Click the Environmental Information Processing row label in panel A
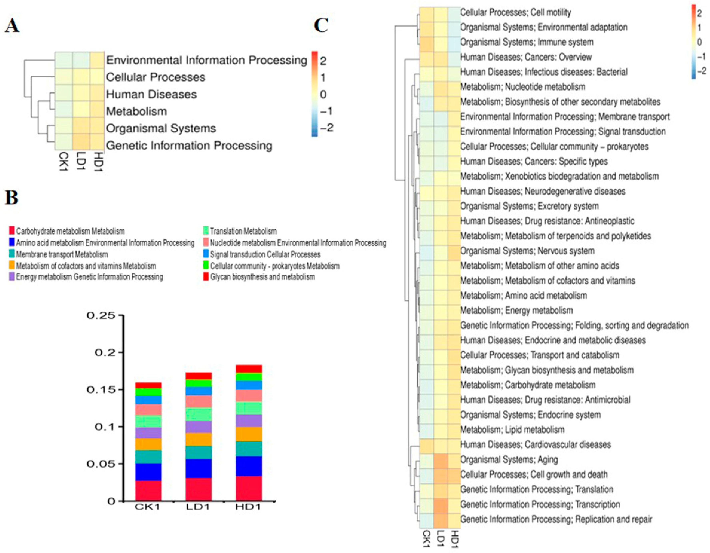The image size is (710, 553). point(206,60)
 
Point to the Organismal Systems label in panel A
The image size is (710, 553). point(161,128)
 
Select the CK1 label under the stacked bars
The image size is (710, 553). point(148,507)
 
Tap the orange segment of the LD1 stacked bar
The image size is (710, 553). point(199,439)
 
